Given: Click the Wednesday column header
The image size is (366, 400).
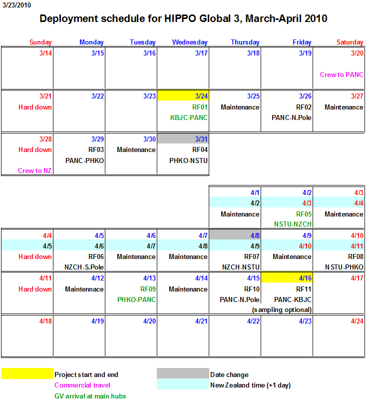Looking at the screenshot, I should [190, 42].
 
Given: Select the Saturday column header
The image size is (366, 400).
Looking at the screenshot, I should [350, 42].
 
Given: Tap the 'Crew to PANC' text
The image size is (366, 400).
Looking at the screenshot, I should [342, 75].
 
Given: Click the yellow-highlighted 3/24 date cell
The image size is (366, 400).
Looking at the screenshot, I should [183, 96].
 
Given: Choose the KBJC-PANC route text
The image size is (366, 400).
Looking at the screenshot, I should [189, 118].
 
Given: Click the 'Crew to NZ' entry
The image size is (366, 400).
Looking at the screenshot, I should [34, 171].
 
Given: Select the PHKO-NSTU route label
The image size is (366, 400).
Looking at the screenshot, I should [189, 160].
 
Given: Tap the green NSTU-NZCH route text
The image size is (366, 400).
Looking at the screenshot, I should [293, 224].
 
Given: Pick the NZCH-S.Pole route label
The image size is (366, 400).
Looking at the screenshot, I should [84, 267].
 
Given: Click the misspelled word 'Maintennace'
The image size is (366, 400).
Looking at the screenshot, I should [84, 289].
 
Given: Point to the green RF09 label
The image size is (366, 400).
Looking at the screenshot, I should [147, 289].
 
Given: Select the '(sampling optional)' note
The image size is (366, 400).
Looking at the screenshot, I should [282, 310].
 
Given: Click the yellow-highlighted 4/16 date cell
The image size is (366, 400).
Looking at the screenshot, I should [287, 278].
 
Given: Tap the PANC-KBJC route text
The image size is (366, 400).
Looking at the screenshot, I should [293, 299].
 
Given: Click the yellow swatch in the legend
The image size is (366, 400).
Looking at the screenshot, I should [27, 374].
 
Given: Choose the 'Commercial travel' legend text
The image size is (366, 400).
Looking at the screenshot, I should [82, 385].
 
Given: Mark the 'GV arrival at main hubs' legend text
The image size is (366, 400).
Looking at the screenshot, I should [90, 396].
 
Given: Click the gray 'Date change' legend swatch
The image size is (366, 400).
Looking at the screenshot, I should [183, 374].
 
